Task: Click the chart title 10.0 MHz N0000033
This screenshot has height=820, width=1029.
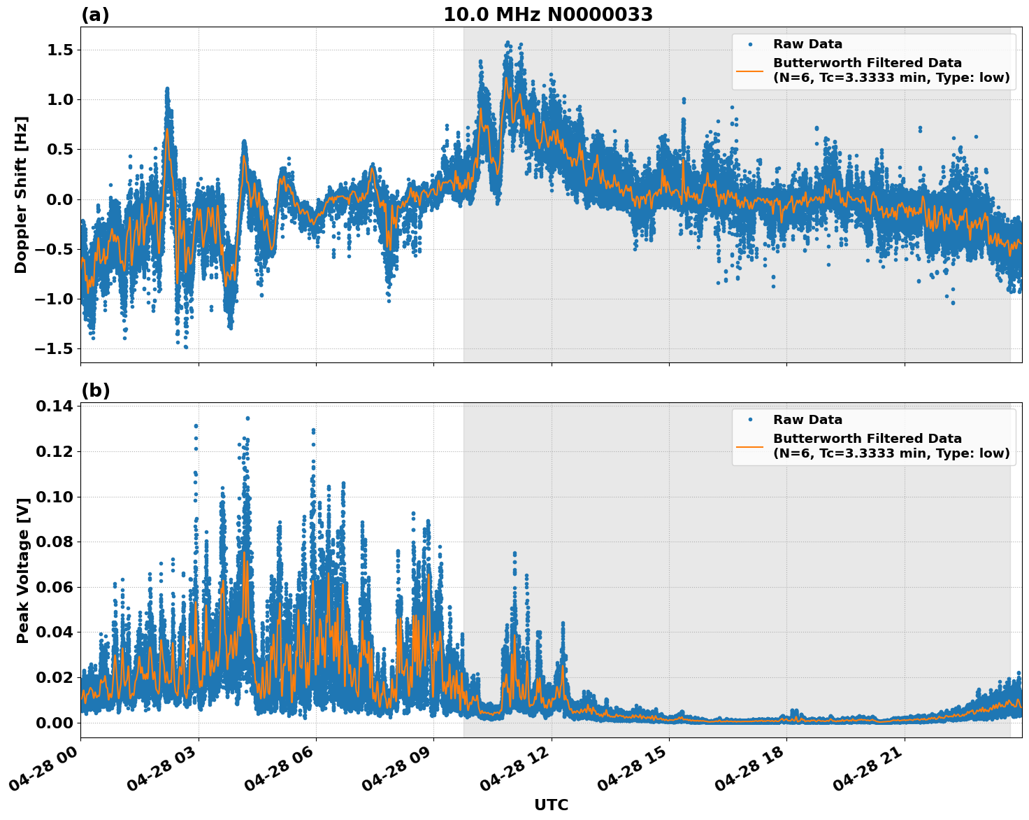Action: (548, 15)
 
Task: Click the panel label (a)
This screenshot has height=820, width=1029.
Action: (95, 15)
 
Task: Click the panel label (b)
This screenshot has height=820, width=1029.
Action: (95, 390)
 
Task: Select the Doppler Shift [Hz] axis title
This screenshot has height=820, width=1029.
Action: (21, 195)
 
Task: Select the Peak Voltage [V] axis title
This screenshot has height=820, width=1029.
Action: (23, 570)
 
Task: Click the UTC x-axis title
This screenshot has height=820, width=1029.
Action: (551, 805)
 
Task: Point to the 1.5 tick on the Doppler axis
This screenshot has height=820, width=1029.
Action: (62, 50)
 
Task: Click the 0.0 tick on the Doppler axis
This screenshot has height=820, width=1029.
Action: (62, 199)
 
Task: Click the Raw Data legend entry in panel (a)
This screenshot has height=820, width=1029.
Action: (807, 44)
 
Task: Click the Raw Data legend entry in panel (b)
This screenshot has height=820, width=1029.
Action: (807, 420)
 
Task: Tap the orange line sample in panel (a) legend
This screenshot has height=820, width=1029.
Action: (749, 71)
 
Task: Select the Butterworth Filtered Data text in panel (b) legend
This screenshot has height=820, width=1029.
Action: (867, 439)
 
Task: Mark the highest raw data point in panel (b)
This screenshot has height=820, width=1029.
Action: (247, 418)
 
